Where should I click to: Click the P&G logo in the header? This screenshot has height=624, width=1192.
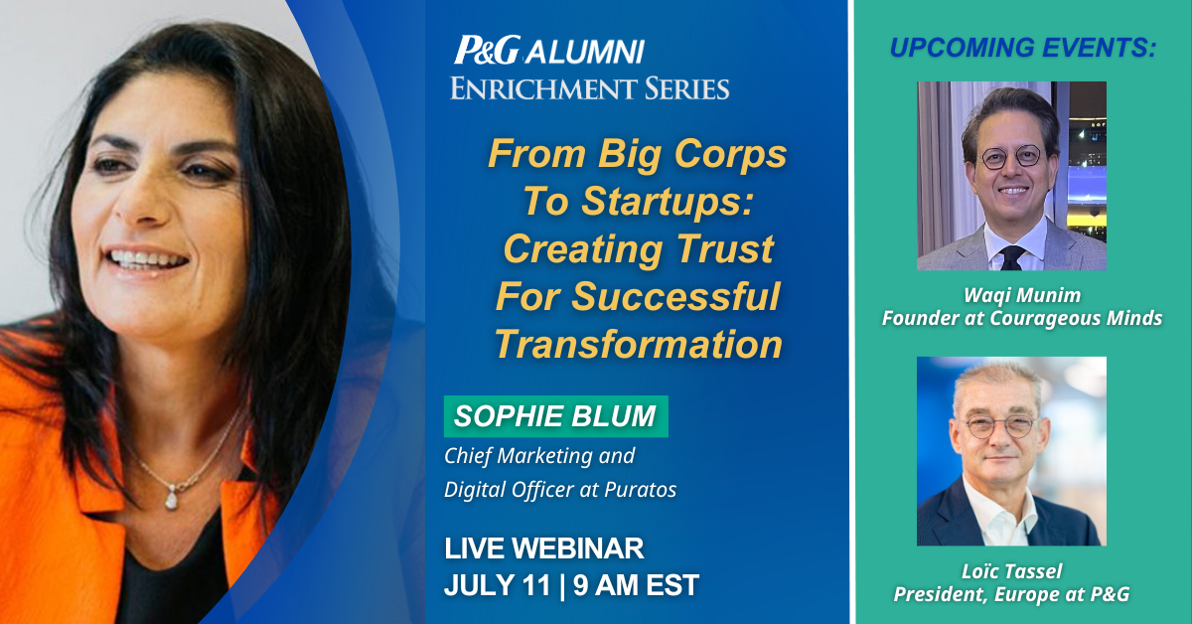487,50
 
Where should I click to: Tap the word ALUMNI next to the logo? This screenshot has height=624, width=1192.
585,52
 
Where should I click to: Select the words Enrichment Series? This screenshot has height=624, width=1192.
590,88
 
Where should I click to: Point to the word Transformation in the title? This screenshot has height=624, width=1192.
639,344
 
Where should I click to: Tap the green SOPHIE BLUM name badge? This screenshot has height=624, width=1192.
556,416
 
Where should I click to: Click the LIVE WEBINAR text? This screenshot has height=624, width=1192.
544,548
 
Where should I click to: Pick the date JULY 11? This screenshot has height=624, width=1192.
497,585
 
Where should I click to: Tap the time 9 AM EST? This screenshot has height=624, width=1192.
636,585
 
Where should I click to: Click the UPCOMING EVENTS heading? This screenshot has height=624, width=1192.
1023,48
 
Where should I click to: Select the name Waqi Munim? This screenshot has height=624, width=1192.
1022,295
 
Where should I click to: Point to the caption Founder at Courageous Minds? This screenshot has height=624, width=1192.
1022,318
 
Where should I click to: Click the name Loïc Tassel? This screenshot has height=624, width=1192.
1011,571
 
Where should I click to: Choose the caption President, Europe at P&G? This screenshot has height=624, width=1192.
1011,594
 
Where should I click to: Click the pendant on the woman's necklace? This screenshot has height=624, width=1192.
171,499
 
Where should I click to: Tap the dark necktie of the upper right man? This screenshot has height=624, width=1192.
1011,257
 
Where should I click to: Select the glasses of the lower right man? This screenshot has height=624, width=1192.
1000,427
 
